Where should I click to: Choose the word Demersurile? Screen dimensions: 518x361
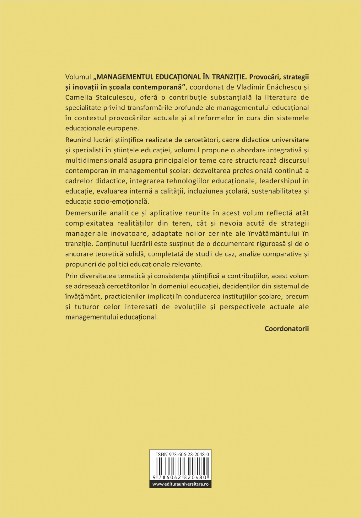coord(85,213)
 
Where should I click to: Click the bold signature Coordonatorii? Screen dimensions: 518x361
coord(287,329)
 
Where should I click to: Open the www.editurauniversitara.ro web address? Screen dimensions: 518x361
coord(180,484)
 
